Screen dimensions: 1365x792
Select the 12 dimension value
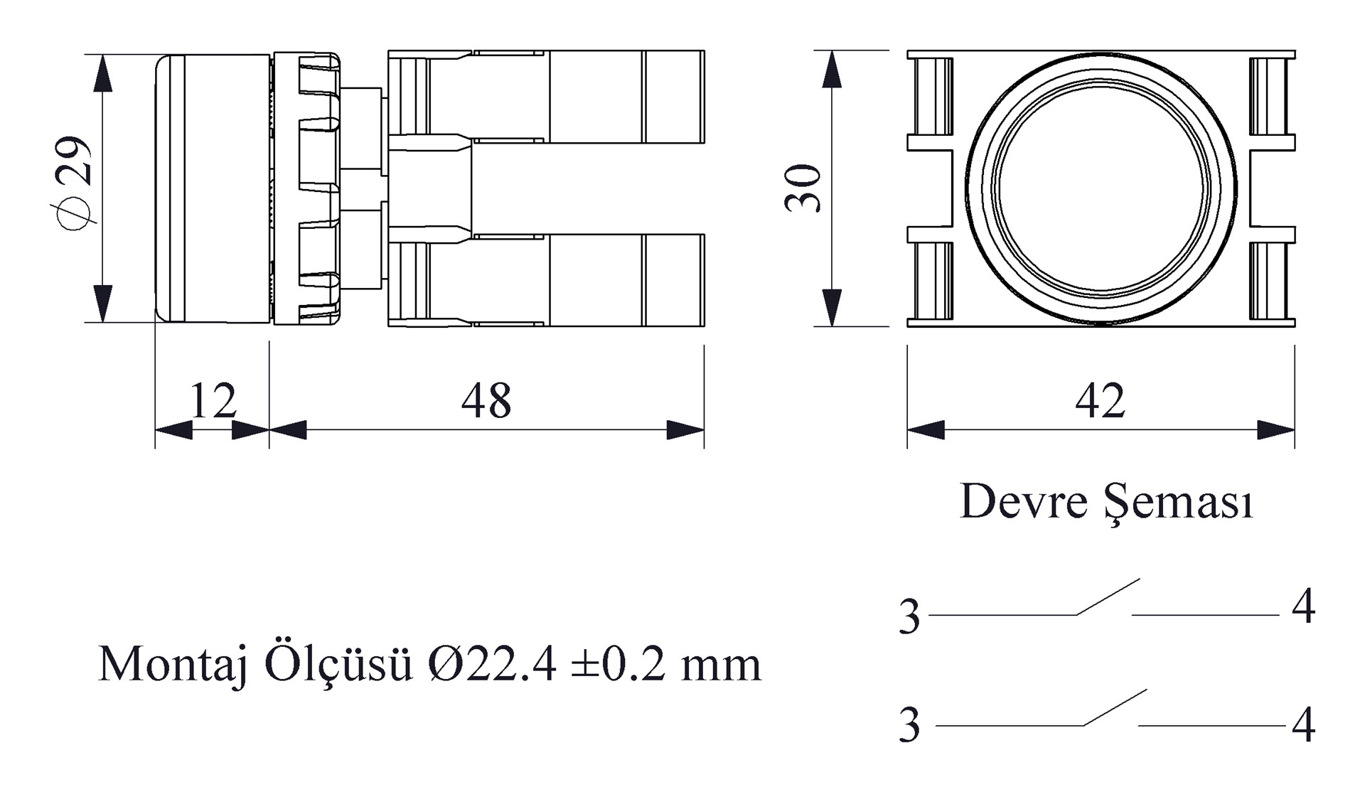[213, 401]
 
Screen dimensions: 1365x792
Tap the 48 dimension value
[486, 401]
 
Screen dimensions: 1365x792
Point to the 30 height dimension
[803, 188]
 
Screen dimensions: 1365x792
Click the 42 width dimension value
[1101, 401]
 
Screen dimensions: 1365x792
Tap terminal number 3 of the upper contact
[909, 616]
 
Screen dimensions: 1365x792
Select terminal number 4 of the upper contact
[1304, 607]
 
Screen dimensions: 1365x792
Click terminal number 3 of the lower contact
[909, 725]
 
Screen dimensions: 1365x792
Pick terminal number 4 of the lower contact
[1304, 726]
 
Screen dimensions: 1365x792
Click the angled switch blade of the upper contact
[1108, 596]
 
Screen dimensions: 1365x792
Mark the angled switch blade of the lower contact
[1115, 707]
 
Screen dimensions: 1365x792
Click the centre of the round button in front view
[1101, 188]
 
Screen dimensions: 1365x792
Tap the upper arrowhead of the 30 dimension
[832, 70]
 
